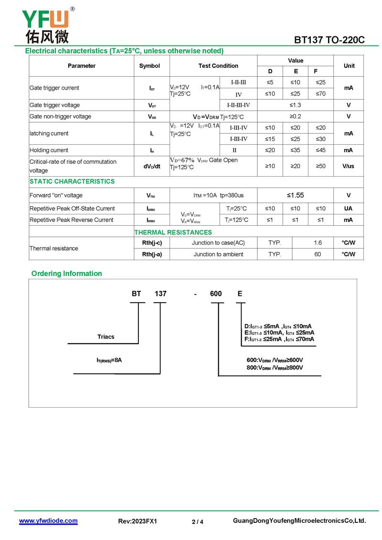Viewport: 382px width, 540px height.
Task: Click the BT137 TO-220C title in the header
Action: pyautogui.click(x=329, y=40)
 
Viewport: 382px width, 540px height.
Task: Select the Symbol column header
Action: pyautogui.click(x=149, y=66)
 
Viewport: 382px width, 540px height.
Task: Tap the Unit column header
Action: pyautogui.click(x=349, y=66)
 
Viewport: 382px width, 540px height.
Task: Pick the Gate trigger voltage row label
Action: pyautogui.click(x=55, y=105)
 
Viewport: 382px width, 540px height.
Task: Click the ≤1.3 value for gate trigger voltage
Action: pyautogui.click(x=296, y=105)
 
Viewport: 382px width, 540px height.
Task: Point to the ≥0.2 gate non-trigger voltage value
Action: pyautogui.click(x=296, y=116)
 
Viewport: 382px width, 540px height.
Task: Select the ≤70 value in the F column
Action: pyautogui.click(x=321, y=94)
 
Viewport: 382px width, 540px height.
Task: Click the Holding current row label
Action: pyautogui.click(x=49, y=150)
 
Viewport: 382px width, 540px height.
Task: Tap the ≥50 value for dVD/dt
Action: pyautogui.click(x=321, y=166)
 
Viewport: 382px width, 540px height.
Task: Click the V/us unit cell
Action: pyautogui.click(x=349, y=166)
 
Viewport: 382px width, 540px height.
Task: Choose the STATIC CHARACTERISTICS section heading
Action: pyautogui.click(x=72, y=181)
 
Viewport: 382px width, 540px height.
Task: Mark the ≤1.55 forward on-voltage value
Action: pyautogui.click(x=296, y=195)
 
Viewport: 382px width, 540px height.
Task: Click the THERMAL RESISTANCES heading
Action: pyautogui.click(x=173, y=233)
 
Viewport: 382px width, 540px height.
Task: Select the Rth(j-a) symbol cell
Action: pyautogui.click(x=152, y=254)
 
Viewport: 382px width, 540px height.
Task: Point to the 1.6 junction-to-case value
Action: pyautogui.click(x=318, y=243)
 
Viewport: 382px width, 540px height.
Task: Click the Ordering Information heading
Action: pyautogui.click(x=67, y=274)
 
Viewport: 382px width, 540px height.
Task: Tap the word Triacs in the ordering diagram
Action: pyautogui.click(x=106, y=337)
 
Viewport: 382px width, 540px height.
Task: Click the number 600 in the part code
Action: pyautogui.click(x=216, y=294)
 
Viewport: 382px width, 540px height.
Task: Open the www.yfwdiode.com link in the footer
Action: pyautogui.click(x=48, y=521)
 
